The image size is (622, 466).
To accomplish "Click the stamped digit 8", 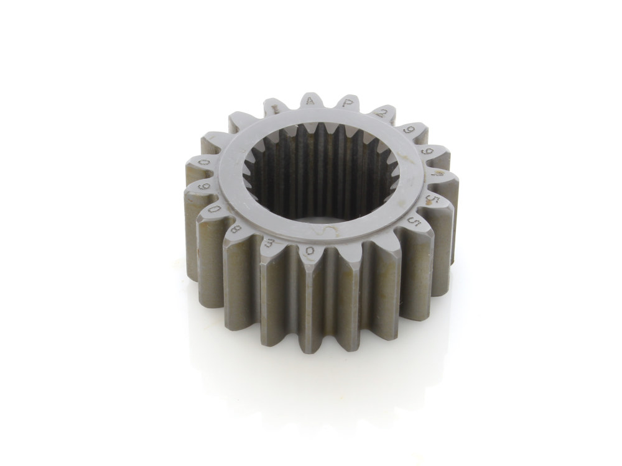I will (x=235, y=228).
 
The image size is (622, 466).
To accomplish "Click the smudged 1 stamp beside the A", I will (x=274, y=109).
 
